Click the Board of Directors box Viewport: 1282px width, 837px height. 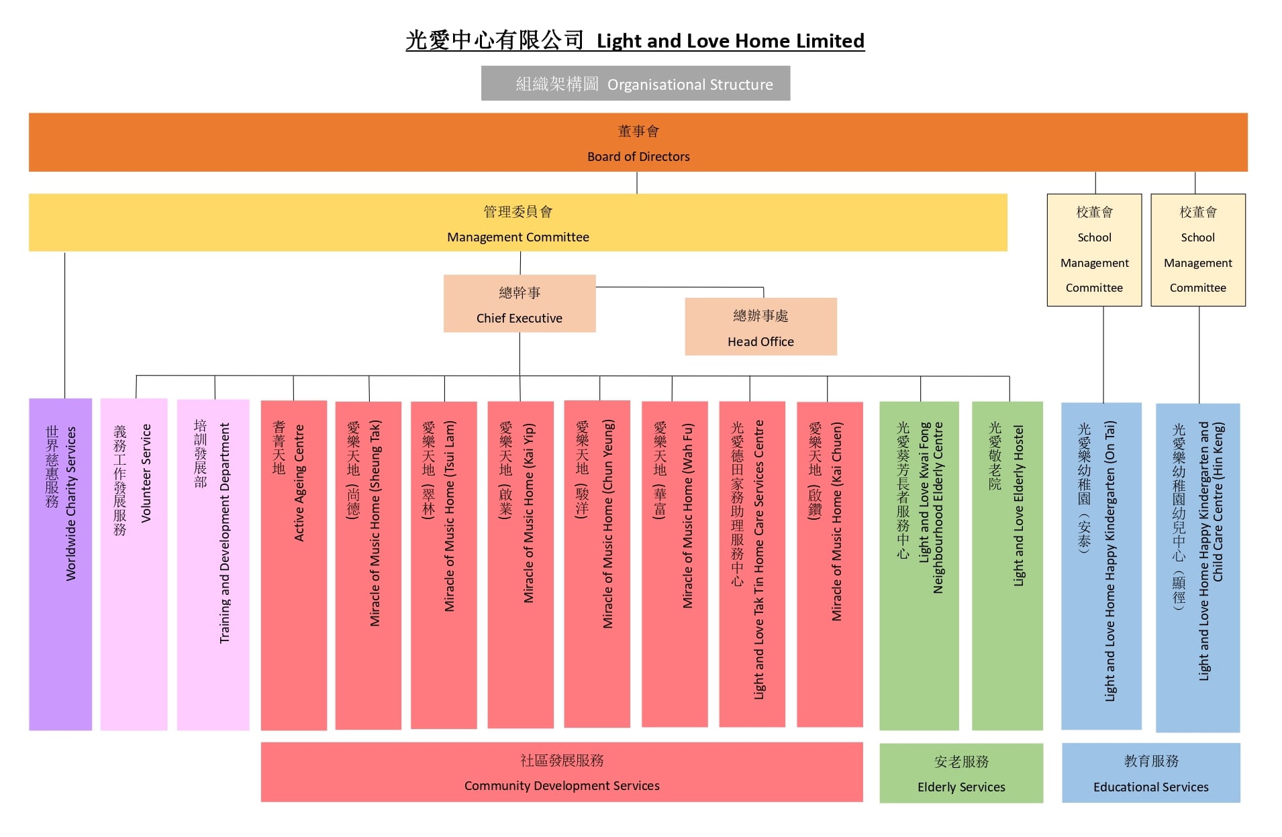(638, 142)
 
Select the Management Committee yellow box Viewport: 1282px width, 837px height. (517, 223)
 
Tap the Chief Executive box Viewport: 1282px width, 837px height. (519, 303)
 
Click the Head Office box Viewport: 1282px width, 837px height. (760, 327)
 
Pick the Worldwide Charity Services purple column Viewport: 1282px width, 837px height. (60, 564)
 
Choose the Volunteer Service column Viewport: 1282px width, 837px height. (134, 564)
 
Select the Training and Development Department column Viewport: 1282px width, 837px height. (213, 564)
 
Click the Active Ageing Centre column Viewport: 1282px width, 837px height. (293, 564)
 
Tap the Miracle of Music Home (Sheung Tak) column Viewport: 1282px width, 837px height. (368, 564)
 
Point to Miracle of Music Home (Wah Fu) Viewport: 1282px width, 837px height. (675, 564)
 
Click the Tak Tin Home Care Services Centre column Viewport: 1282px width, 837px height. (752, 564)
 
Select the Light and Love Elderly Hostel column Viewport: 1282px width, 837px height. (1007, 564)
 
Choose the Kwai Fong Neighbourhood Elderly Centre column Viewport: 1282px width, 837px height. (919, 564)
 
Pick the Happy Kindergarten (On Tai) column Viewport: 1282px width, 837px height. (1101, 564)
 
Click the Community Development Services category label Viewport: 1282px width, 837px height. (562, 772)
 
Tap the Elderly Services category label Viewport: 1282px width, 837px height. (961, 773)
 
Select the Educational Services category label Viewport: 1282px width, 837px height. (1150, 773)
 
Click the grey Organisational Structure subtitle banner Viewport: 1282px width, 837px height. (636, 83)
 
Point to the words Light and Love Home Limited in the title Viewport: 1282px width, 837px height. (730, 41)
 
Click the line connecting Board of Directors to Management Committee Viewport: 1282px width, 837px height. (637, 182)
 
